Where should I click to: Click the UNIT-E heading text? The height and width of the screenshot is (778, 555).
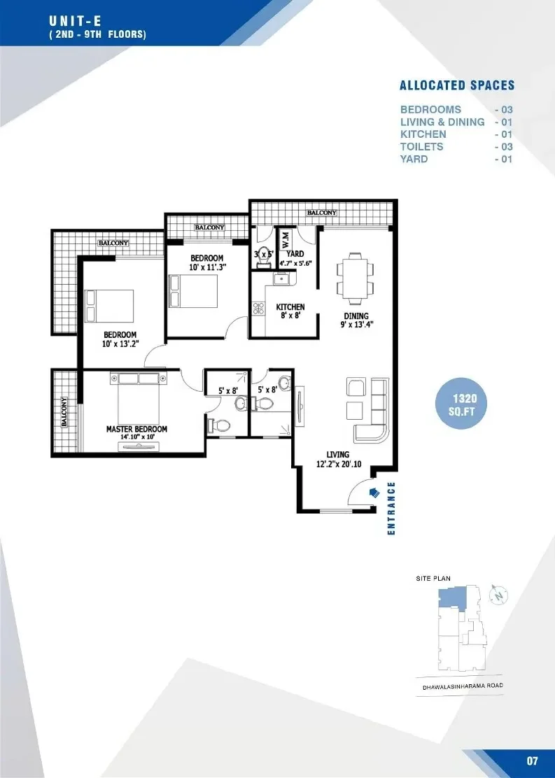point(75,21)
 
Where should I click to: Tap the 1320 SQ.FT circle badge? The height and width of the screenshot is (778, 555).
point(461,404)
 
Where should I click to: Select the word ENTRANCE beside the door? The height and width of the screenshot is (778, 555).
point(391,508)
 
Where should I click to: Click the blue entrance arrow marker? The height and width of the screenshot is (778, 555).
point(374,492)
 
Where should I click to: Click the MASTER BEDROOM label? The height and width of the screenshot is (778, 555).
point(136,429)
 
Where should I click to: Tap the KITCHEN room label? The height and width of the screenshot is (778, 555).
point(290,307)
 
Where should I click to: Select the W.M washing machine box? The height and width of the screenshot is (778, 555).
point(286,241)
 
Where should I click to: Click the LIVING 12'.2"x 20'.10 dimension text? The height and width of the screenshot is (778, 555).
point(339,460)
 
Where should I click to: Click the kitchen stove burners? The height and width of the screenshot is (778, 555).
point(258,308)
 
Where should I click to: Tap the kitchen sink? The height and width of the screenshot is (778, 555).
point(281,279)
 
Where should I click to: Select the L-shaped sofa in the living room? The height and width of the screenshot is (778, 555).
point(371,410)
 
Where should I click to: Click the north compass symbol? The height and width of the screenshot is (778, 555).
point(499,594)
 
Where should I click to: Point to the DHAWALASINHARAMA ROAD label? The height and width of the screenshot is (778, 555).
point(463,687)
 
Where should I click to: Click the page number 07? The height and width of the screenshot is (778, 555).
point(532,761)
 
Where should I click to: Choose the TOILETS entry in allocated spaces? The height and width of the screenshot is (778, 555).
point(421,147)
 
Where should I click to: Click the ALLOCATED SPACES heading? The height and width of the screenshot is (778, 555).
point(457,85)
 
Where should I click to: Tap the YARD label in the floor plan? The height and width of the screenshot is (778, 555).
point(295,253)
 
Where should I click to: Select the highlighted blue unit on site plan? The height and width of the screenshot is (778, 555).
point(451,598)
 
